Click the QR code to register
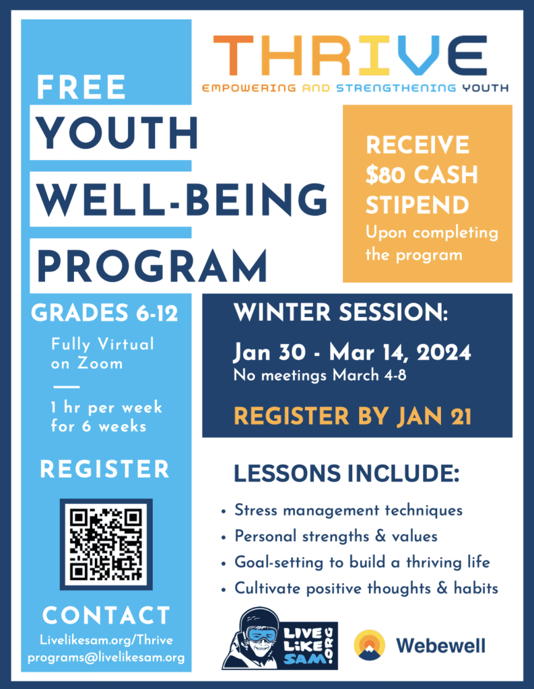(106, 544)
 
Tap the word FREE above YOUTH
(81, 87)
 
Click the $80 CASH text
(422, 174)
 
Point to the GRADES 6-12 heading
(104, 314)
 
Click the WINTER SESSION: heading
(340, 314)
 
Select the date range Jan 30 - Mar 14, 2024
(352, 352)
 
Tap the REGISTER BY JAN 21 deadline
(352, 416)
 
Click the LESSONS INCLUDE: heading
(346, 474)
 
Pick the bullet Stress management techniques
(348, 510)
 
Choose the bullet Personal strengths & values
(336, 536)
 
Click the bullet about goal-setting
(362, 563)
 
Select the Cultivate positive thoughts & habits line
(366, 588)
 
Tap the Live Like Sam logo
(279, 639)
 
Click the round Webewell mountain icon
(370, 645)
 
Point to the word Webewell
(440, 646)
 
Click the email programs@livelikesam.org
(106, 657)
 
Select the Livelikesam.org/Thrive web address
(106, 641)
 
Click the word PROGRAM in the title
(152, 265)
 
